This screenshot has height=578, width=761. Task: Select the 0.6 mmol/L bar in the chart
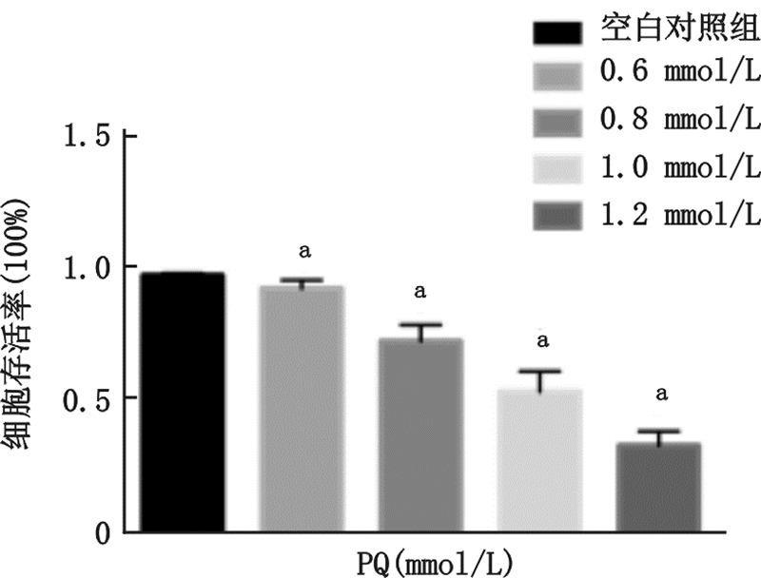coord(302,408)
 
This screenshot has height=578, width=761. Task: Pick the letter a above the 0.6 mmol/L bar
coord(304,252)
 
